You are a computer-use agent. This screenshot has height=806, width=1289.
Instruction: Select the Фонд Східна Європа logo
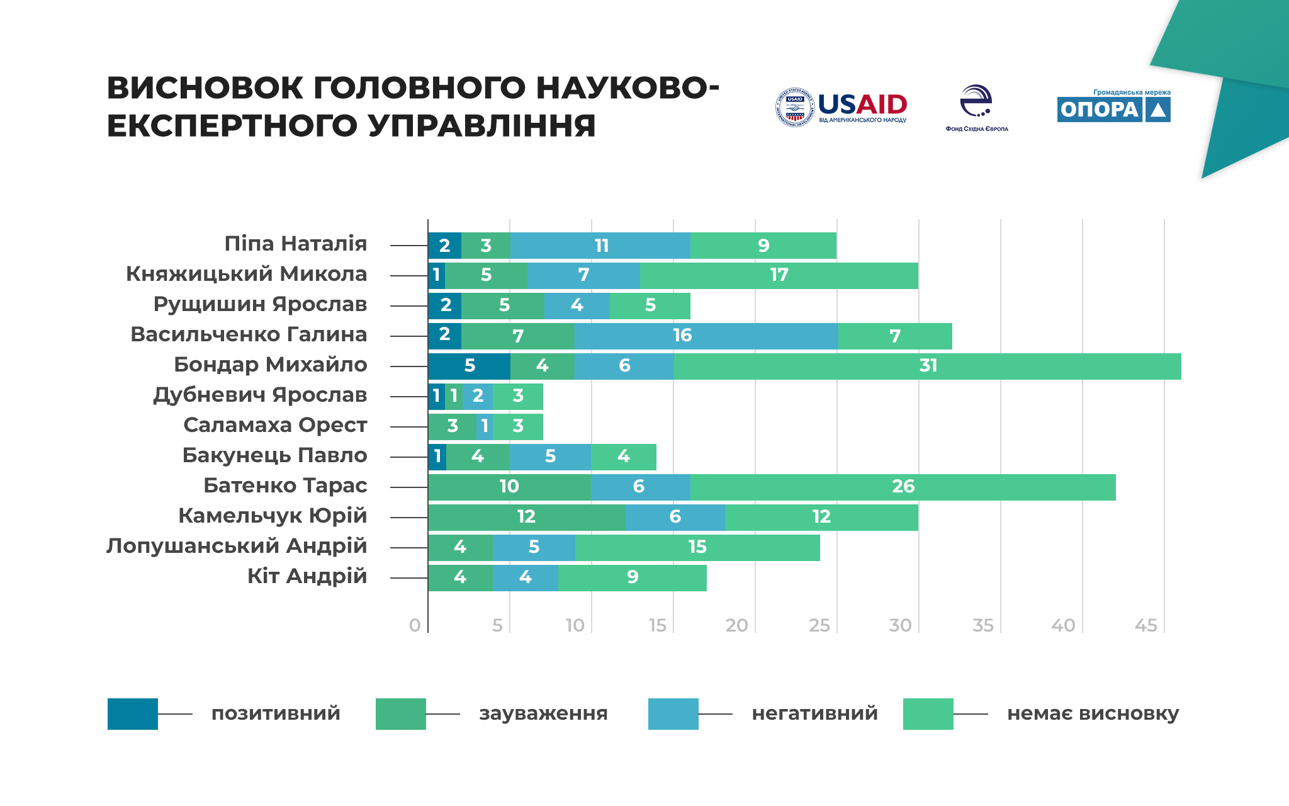coord(976,108)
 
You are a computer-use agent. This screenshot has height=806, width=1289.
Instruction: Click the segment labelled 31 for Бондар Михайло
coord(927,366)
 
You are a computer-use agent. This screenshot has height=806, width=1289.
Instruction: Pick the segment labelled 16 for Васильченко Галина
coord(706,336)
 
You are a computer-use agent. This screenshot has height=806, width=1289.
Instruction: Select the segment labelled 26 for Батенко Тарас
coord(903,487)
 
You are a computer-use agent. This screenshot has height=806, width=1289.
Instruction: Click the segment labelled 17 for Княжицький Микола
coord(779,276)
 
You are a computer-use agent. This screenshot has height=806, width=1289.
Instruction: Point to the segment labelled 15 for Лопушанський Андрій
coord(697,548)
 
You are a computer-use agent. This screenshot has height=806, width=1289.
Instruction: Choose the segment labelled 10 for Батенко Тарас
coord(509,487)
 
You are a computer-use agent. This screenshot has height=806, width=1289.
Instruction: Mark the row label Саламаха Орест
coord(275,426)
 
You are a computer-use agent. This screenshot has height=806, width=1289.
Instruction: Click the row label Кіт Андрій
coord(307,577)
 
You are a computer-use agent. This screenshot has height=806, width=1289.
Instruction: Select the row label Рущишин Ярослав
coord(260,305)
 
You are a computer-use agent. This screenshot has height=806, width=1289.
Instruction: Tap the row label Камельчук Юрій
coord(273,516)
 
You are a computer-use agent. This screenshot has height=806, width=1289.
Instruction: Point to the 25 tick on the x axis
coord(819,625)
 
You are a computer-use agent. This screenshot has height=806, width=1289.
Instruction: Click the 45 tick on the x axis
coord(1146,625)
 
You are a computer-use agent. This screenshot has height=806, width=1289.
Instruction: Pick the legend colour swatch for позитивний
coord(132,714)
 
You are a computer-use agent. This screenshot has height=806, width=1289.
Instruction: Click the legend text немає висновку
coord(1093,714)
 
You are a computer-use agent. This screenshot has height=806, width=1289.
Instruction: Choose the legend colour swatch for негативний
coord(673,714)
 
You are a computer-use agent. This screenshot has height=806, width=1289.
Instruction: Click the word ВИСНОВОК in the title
coord(205,88)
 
